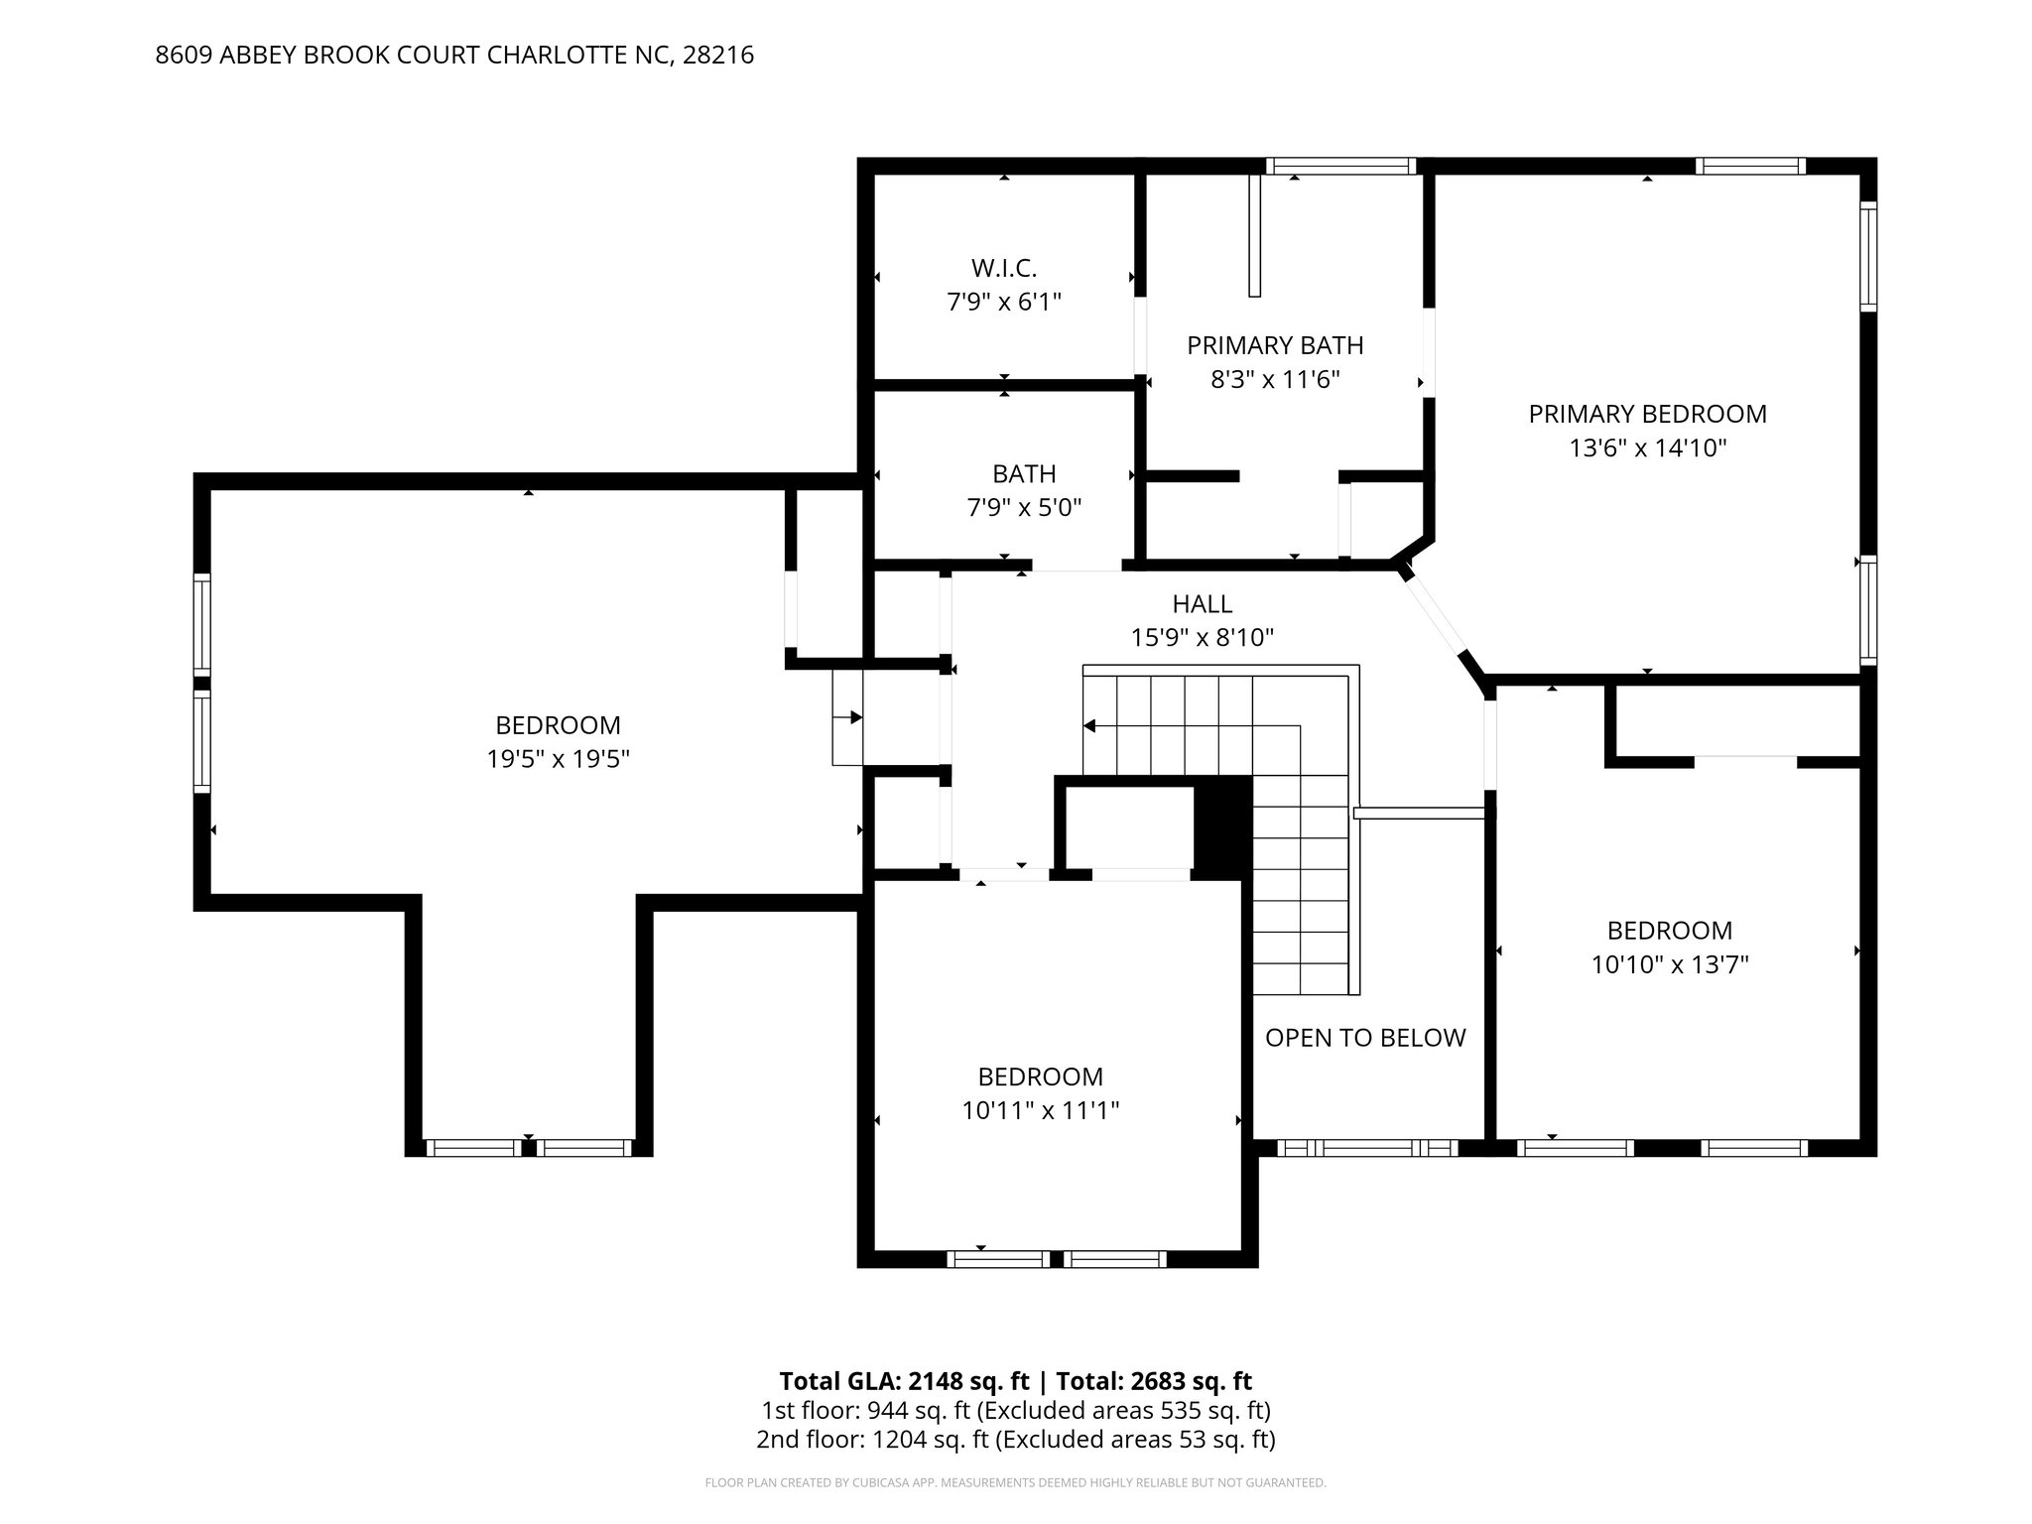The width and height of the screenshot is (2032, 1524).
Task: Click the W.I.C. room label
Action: pos(1003,268)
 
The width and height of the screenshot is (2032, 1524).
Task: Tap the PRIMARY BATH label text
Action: pos(1275,345)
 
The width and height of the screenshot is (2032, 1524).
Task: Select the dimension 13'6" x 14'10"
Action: pos(1647,448)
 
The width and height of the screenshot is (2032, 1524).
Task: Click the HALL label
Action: pos(1202,603)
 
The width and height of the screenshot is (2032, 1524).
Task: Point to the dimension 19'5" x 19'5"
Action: pos(558,759)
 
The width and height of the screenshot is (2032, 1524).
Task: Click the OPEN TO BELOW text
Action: pos(1365,1038)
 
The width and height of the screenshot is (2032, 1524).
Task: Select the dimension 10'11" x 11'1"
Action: pos(1040,1110)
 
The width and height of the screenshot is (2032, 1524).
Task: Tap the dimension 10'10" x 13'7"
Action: pos(1669,964)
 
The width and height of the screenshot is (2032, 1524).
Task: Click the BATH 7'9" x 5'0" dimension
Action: pos(1024,508)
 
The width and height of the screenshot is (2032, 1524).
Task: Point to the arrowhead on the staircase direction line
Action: pos(1089,726)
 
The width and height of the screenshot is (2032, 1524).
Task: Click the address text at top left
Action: pos(454,56)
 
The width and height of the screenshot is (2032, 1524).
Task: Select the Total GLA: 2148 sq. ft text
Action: pos(905,1381)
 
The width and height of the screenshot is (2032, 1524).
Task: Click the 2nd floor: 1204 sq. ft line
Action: pos(1015,1439)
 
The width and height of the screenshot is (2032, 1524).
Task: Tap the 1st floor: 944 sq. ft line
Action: pos(1015,1410)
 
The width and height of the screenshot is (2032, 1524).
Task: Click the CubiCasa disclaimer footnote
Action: pos(1015,1483)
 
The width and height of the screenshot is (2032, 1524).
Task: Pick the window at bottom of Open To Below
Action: pos(1366,1148)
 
